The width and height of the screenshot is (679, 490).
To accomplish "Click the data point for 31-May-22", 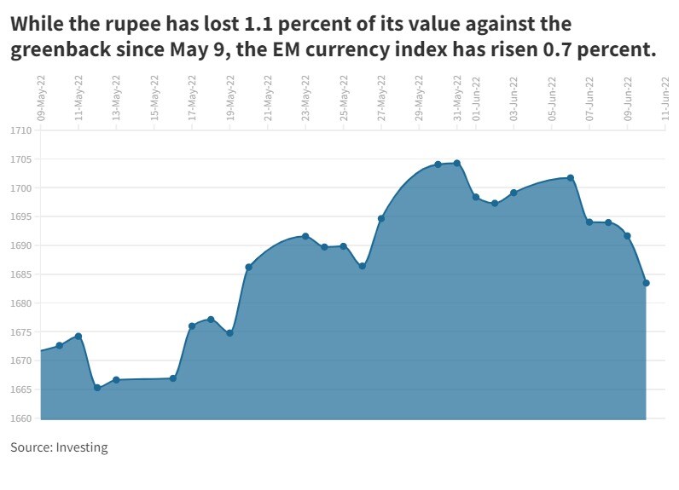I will (x=457, y=163).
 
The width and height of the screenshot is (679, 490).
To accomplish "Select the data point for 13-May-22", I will (x=116, y=380).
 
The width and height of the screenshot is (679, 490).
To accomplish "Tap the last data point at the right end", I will (x=647, y=283).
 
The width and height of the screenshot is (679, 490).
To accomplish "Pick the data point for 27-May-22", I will (x=381, y=219).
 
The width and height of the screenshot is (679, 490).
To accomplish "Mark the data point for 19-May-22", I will (x=229, y=333).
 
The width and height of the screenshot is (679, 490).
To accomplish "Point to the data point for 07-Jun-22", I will (x=589, y=222).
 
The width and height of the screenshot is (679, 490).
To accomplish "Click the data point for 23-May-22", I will (x=305, y=236).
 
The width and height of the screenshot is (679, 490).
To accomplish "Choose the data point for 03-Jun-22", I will (x=514, y=193).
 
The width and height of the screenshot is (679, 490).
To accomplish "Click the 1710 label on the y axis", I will (x=21, y=130).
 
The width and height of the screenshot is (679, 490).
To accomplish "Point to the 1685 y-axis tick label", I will (x=21, y=274).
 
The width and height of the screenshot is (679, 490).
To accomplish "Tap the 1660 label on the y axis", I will (x=21, y=418).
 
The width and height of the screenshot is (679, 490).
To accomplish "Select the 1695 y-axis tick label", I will (x=21, y=216).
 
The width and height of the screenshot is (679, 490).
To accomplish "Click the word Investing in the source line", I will (x=82, y=447).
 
